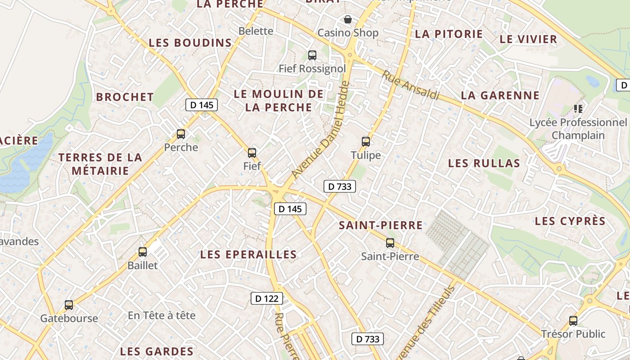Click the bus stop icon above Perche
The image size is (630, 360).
[181, 134]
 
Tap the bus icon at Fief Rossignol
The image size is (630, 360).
[312, 55]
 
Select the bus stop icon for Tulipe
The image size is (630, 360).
[366, 142]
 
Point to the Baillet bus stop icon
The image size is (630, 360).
[143, 252]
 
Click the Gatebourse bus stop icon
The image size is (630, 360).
[69, 305]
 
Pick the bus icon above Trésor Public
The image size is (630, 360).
[573, 321]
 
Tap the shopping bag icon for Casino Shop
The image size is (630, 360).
[348, 19]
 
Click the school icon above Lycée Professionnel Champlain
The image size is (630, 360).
[578, 108]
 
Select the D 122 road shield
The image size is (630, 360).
[266, 298]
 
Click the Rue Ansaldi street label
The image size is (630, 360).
[410, 85]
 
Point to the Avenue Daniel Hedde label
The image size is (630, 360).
[320, 130]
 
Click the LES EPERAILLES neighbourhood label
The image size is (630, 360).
[248, 255]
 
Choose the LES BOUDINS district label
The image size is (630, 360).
[190, 43]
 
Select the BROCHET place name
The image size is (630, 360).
[125, 97]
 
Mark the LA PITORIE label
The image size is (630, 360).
[449, 34]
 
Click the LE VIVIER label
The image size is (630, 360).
[528, 39]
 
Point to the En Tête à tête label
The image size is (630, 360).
[162, 315]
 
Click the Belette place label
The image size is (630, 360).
[256, 31]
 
